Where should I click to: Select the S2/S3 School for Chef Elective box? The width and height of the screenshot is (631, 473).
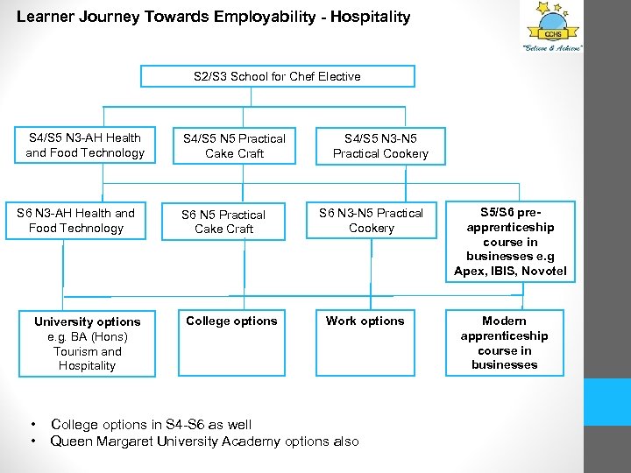coord(277,76)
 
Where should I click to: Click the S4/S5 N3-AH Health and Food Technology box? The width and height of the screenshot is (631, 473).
coord(85,145)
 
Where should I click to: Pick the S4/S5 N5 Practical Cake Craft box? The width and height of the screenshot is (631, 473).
coord(233,145)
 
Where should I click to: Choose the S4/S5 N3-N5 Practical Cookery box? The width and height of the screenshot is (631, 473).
coord(380,145)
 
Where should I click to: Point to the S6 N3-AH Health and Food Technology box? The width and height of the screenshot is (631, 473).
coord(76,221)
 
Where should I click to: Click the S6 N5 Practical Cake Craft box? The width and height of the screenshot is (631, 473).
coord(223,222)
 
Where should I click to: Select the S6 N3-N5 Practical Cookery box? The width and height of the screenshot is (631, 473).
coord(371,221)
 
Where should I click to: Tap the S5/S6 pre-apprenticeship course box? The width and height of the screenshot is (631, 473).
coord(510,242)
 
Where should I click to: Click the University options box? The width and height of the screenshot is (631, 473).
coord(87,343)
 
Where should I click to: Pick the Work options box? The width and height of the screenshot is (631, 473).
coord(365,342)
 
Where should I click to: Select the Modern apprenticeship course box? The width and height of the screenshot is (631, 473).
coord(504,342)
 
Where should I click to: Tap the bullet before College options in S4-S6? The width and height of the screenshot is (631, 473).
coord(32,425)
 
